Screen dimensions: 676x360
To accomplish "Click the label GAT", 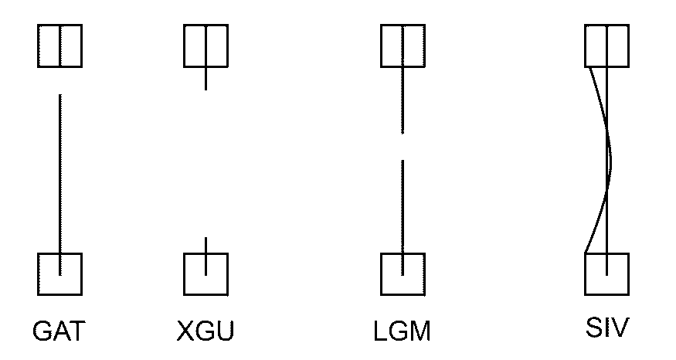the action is pos(59,331).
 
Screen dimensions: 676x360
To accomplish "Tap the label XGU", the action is pos(206,331).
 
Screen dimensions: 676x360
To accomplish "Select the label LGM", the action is pos(403,331).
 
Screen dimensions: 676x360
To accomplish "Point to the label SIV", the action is pos(607,328).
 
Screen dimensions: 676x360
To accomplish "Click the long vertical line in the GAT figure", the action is pos(60,185).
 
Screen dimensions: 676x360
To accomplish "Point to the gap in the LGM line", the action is pos(403,147).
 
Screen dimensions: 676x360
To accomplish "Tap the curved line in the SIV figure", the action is pos(610,159).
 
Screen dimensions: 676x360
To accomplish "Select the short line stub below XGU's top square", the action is pos(206,79).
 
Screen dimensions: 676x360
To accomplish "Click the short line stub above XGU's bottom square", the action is pos(206,245).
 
